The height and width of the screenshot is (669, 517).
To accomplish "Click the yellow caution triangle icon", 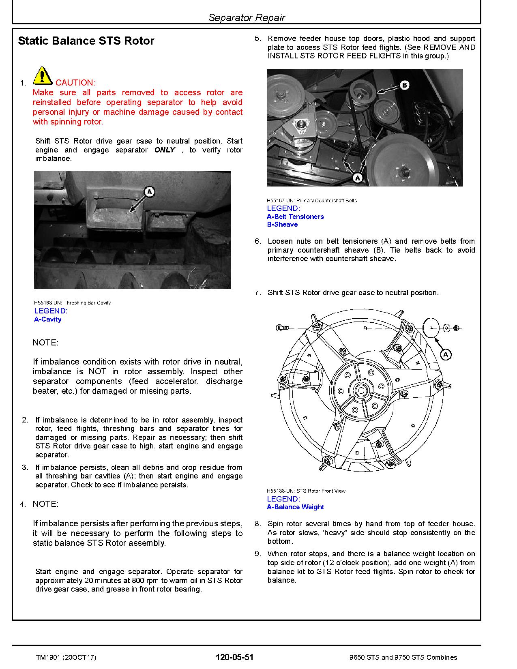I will tap(42, 76).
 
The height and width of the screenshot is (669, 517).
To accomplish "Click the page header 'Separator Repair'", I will tap(247, 17).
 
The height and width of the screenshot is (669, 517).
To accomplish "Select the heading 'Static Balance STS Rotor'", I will tap(86, 41).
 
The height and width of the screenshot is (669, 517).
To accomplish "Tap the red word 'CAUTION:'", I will tap(76, 83).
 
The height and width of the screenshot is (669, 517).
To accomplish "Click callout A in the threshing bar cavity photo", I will tap(150, 191).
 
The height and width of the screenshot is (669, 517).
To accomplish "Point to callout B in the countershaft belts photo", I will tap(404, 85).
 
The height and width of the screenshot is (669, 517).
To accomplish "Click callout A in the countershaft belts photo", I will tap(357, 178).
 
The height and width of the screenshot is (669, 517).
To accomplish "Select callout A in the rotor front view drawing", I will tap(446, 355).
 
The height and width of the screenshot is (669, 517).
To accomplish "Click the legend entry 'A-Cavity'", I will tap(48, 319).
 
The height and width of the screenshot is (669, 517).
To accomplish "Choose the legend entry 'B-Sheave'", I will tap(282, 225).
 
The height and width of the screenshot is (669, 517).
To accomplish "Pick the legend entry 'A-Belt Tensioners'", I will tap(295, 217).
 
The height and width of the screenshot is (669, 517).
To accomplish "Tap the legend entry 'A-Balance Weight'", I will tap(295, 507).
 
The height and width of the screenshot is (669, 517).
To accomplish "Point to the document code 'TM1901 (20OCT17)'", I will tap(66, 657).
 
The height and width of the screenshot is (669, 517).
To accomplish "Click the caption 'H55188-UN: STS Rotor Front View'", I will tap(306, 491).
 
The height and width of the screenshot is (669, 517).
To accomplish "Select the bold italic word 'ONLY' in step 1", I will tap(165, 150).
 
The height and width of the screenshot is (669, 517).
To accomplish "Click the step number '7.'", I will tap(258, 293).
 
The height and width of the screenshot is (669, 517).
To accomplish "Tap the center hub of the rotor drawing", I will tap(360, 390).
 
